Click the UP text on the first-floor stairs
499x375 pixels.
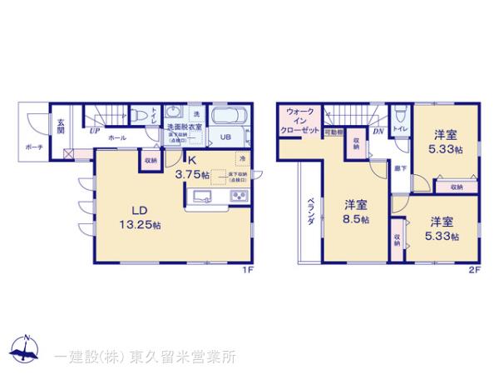click(95, 131)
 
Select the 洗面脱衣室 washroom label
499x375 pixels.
click(184, 127)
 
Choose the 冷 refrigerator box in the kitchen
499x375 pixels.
click(243, 158)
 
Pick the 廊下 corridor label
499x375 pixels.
click(377, 168)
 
